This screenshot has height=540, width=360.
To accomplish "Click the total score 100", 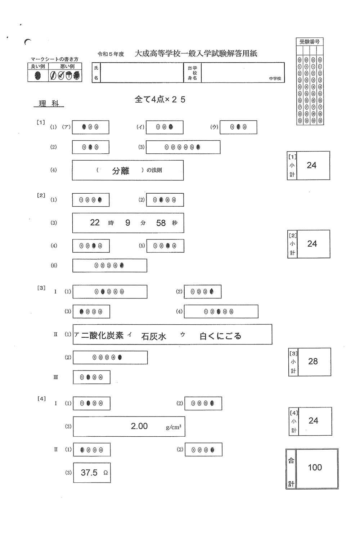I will (x=315, y=467).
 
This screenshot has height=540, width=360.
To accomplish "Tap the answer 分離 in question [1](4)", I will (x=120, y=171).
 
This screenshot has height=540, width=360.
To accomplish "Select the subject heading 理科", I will (x=49, y=104).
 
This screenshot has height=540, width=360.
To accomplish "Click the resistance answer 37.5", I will (x=89, y=472).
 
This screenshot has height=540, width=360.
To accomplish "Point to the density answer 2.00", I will (x=139, y=426).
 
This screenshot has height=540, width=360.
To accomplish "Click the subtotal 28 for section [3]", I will (x=313, y=361).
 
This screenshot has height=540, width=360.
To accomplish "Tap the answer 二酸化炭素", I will (x=102, y=336).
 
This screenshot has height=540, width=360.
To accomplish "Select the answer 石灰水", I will (x=154, y=336).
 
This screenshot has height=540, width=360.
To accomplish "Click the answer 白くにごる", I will (x=220, y=336).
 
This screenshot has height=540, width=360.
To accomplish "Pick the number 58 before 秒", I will (x=161, y=223).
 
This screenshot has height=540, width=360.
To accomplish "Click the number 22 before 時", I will (x=95, y=222).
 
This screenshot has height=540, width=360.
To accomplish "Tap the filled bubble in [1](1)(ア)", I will (x=84, y=127).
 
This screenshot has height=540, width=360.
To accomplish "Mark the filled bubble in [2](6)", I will (x=122, y=266).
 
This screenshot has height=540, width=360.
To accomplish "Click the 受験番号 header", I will (x=310, y=42).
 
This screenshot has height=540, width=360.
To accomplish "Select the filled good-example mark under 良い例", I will (x=38, y=76).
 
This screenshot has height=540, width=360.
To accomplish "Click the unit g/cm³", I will (x=174, y=427).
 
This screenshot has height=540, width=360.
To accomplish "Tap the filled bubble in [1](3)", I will (x=198, y=147).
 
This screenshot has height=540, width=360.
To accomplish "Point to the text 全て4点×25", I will (x=160, y=99).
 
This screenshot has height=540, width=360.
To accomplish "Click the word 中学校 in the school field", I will (x=275, y=78).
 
